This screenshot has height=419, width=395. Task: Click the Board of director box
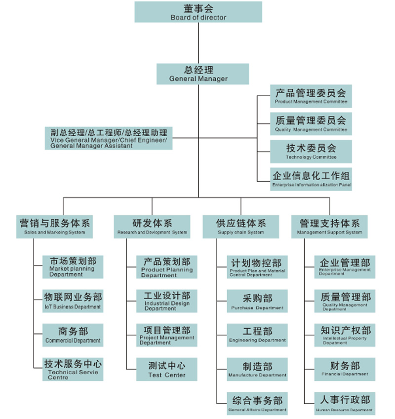(x=198, y=12)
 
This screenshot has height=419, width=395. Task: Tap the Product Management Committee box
(x=311, y=96)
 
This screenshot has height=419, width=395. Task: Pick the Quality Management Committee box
(x=311, y=123)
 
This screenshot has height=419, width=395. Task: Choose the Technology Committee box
(x=311, y=151)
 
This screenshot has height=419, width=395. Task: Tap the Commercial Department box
(x=73, y=335)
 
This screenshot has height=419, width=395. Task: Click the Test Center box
(x=167, y=369)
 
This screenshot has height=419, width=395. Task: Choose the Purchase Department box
(x=257, y=302)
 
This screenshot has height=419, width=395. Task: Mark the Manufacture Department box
(x=257, y=369)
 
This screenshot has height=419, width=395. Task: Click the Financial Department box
(x=345, y=369)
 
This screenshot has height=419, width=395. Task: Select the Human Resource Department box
(x=345, y=403)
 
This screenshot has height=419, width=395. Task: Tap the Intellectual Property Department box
(x=345, y=335)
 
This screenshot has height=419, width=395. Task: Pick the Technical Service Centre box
(x=73, y=369)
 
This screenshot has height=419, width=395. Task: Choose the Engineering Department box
(x=257, y=335)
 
